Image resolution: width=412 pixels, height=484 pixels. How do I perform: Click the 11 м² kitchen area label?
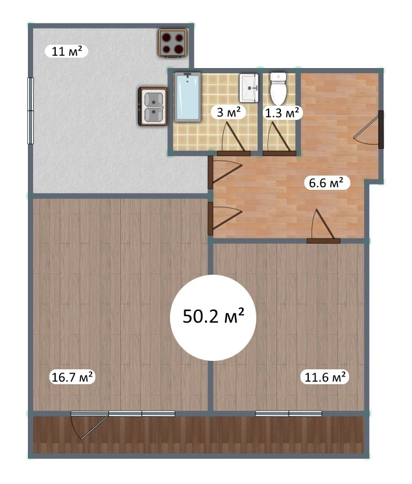66,51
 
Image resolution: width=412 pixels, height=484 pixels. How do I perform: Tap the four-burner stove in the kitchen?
173,43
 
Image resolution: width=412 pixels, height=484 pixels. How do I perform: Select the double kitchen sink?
152,106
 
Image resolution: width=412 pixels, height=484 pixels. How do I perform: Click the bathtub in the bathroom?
188,97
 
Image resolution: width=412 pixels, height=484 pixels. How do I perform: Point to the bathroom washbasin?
248,87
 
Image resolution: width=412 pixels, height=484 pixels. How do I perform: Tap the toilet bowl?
278,89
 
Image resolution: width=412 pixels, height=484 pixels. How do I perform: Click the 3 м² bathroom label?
228,112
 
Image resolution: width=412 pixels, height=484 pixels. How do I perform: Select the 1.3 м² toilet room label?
282,113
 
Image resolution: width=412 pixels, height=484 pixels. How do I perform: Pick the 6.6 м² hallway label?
326,183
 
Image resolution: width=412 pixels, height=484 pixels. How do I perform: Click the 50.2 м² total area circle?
213,317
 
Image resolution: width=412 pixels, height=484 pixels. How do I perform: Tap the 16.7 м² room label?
72,377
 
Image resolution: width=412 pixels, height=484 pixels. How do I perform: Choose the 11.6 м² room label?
325,377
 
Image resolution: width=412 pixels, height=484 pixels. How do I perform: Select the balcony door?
90,425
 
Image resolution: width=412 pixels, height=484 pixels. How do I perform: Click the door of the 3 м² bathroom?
234,139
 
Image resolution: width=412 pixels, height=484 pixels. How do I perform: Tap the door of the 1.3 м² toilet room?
280,139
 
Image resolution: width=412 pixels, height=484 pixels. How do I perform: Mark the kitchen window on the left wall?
30,111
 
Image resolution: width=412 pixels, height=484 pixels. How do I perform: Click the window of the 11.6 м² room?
289,413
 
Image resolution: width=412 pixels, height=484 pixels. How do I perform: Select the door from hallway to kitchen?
224,172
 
